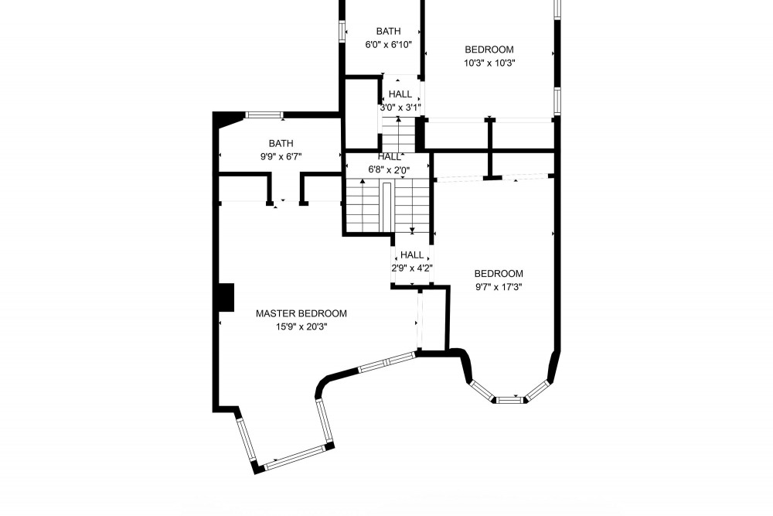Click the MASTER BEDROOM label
click(x=301, y=313)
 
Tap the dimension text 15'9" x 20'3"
click(x=301, y=326)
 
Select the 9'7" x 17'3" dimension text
click(x=499, y=286)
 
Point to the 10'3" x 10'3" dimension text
click(x=489, y=63)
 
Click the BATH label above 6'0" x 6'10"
click(x=388, y=31)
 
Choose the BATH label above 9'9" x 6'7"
click(x=281, y=143)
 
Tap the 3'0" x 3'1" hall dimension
click(x=400, y=107)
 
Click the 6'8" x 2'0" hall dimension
click(x=389, y=169)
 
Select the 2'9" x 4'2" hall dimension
click(x=411, y=268)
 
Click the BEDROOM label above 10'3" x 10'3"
click(x=489, y=48)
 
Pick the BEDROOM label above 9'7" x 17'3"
click(x=499, y=273)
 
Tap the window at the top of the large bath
click(x=264, y=115)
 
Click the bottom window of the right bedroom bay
click(x=509, y=400)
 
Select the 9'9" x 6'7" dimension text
click(x=281, y=156)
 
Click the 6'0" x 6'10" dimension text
click(x=388, y=45)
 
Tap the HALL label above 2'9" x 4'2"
click(x=411, y=255)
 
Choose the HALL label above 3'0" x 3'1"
click(x=400, y=94)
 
